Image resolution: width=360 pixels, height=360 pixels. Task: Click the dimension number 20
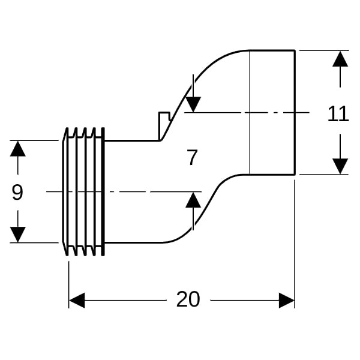click(x=188, y=299)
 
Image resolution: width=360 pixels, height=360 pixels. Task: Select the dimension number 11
click(x=338, y=113)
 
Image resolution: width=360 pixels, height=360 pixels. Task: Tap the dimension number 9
click(x=17, y=193)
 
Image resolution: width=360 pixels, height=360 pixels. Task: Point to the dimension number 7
click(x=192, y=158)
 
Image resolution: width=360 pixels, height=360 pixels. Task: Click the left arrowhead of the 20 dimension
click(x=76, y=299)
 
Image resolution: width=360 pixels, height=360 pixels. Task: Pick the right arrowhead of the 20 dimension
click(x=287, y=299)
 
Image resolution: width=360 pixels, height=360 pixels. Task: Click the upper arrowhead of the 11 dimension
click(x=340, y=59)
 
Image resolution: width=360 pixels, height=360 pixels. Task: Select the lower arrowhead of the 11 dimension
click(x=340, y=166)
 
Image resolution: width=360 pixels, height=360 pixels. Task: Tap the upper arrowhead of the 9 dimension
click(x=18, y=148)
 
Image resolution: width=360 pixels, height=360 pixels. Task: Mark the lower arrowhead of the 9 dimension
click(x=18, y=235)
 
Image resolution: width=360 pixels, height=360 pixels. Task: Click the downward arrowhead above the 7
click(x=193, y=104)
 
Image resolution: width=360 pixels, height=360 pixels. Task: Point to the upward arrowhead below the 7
click(x=193, y=200)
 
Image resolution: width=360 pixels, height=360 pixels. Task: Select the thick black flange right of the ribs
click(x=103, y=191)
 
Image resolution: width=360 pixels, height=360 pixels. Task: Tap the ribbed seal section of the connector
click(x=81, y=191)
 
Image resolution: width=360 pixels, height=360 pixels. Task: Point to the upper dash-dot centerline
click(x=264, y=112)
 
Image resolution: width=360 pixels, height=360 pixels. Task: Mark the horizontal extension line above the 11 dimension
click(x=324, y=50)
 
